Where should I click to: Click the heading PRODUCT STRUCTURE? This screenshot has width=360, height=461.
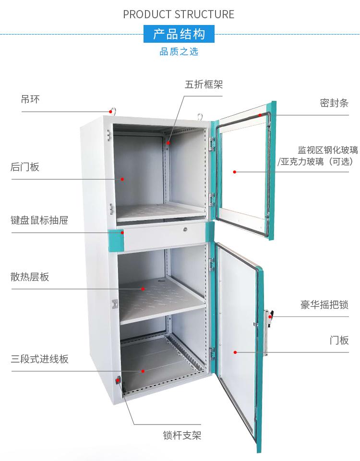pyautogui.click(x=179, y=14)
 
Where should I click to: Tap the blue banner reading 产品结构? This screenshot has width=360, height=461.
pyautogui.click(x=179, y=35)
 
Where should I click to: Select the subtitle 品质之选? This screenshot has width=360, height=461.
pyautogui.click(x=179, y=51)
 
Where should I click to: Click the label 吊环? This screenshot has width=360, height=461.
pyautogui.click(x=30, y=99)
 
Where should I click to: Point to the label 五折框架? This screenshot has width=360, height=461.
pyautogui.click(x=204, y=85)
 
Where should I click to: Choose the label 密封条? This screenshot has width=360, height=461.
pyautogui.click(x=334, y=103)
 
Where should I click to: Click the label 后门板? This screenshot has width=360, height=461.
pyautogui.click(x=25, y=167)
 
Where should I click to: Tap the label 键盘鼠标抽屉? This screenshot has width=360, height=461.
pyautogui.click(x=39, y=220)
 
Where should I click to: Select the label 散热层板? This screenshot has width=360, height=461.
pyautogui.click(x=30, y=277)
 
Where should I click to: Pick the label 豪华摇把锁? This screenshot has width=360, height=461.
pyautogui.click(x=324, y=305)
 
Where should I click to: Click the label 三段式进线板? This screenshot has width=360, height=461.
pyautogui.click(x=40, y=359)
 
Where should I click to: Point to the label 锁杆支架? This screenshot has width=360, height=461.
pyautogui.click(x=182, y=436)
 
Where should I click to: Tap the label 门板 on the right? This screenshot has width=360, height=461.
pyautogui.click(x=339, y=340)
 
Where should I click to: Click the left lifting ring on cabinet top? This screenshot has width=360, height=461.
pyautogui.click(x=113, y=111)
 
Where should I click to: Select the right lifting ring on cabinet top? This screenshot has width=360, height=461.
pyautogui.click(x=200, y=114)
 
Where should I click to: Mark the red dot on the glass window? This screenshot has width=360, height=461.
pyautogui.click(x=235, y=171)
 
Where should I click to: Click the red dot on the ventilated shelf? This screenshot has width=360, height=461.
pyautogui.click(x=143, y=289)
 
